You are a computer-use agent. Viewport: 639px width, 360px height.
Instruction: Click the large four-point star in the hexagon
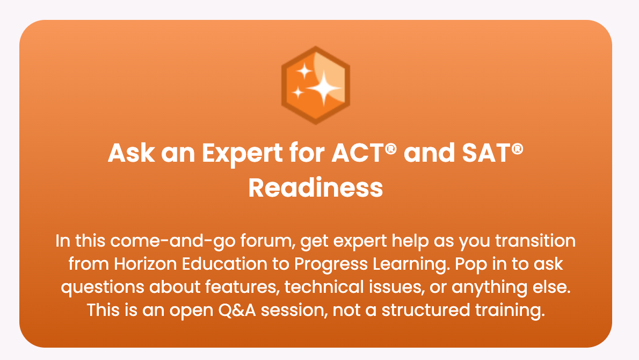pyautogui.click(x=324, y=88)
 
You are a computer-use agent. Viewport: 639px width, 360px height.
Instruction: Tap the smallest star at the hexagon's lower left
pyautogui.click(x=298, y=92)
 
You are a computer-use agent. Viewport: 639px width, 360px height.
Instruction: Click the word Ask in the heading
pyautogui.click(x=131, y=153)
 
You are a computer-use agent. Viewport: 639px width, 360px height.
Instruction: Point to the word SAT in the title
pyautogui.click(x=486, y=153)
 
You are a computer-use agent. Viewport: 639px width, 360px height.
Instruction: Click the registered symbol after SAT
pyautogui.click(x=517, y=149)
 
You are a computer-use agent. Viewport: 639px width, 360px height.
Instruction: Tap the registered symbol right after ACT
pyautogui.click(x=391, y=149)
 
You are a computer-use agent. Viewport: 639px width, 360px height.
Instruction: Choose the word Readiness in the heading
pyautogui.click(x=316, y=188)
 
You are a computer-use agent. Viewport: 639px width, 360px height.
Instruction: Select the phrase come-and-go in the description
pyautogui.click(x=173, y=241)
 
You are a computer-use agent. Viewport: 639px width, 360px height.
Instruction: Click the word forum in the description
pyautogui.click(x=266, y=241)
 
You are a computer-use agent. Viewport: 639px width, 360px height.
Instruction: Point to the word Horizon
pyautogui.click(x=146, y=264)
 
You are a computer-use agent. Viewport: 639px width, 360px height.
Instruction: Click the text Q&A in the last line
pyautogui.click(x=237, y=310)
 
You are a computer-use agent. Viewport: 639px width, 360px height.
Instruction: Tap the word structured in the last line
pyautogui.click(x=426, y=310)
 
